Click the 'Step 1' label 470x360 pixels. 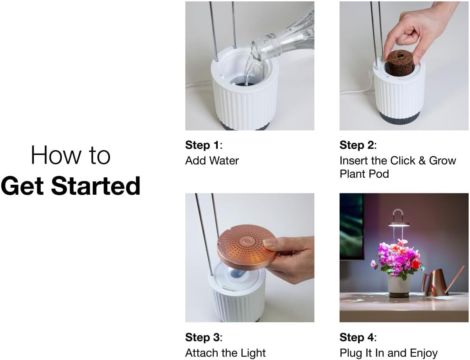point(203,145)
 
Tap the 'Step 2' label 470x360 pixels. point(357,145)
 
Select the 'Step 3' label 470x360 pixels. point(203,337)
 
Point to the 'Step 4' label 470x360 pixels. point(357,337)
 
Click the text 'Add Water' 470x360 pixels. point(212,161)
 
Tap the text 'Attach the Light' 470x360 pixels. point(225,353)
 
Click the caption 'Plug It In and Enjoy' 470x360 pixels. point(389,353)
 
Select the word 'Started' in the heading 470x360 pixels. point(96,186)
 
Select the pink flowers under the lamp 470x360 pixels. point(397,258)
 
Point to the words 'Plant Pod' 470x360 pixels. point(364,174)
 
